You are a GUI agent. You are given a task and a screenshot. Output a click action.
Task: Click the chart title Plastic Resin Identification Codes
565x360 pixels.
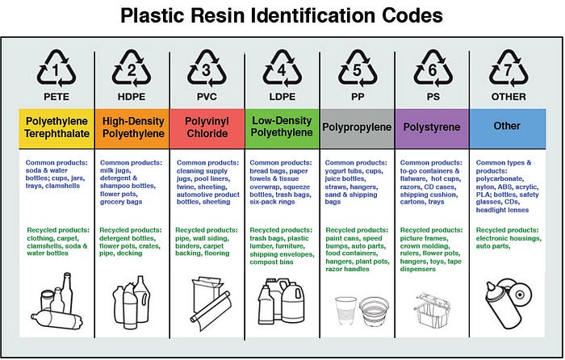click(282, 16)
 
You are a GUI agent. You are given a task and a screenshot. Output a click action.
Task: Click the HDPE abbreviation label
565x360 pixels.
click(131, 96)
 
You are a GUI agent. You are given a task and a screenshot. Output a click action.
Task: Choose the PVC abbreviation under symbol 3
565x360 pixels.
click(206, 96)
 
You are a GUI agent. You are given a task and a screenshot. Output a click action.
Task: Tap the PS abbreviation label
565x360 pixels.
click(432, 96)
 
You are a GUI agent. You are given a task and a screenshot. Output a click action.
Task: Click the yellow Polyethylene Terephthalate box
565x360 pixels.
click(56, 127)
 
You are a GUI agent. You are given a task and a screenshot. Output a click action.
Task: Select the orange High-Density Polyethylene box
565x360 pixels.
click(131, 127)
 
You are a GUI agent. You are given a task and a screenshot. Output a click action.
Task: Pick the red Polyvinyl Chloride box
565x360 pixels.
click(206, 127)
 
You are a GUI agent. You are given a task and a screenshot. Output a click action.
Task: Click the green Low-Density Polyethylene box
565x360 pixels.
click(281, 127)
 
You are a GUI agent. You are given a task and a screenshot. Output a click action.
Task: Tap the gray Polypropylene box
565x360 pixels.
click(356, 127)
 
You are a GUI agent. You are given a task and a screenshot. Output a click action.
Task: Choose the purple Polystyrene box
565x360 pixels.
click(432, 127)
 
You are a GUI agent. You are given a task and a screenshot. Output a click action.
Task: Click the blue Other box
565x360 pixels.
click(508, 127)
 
